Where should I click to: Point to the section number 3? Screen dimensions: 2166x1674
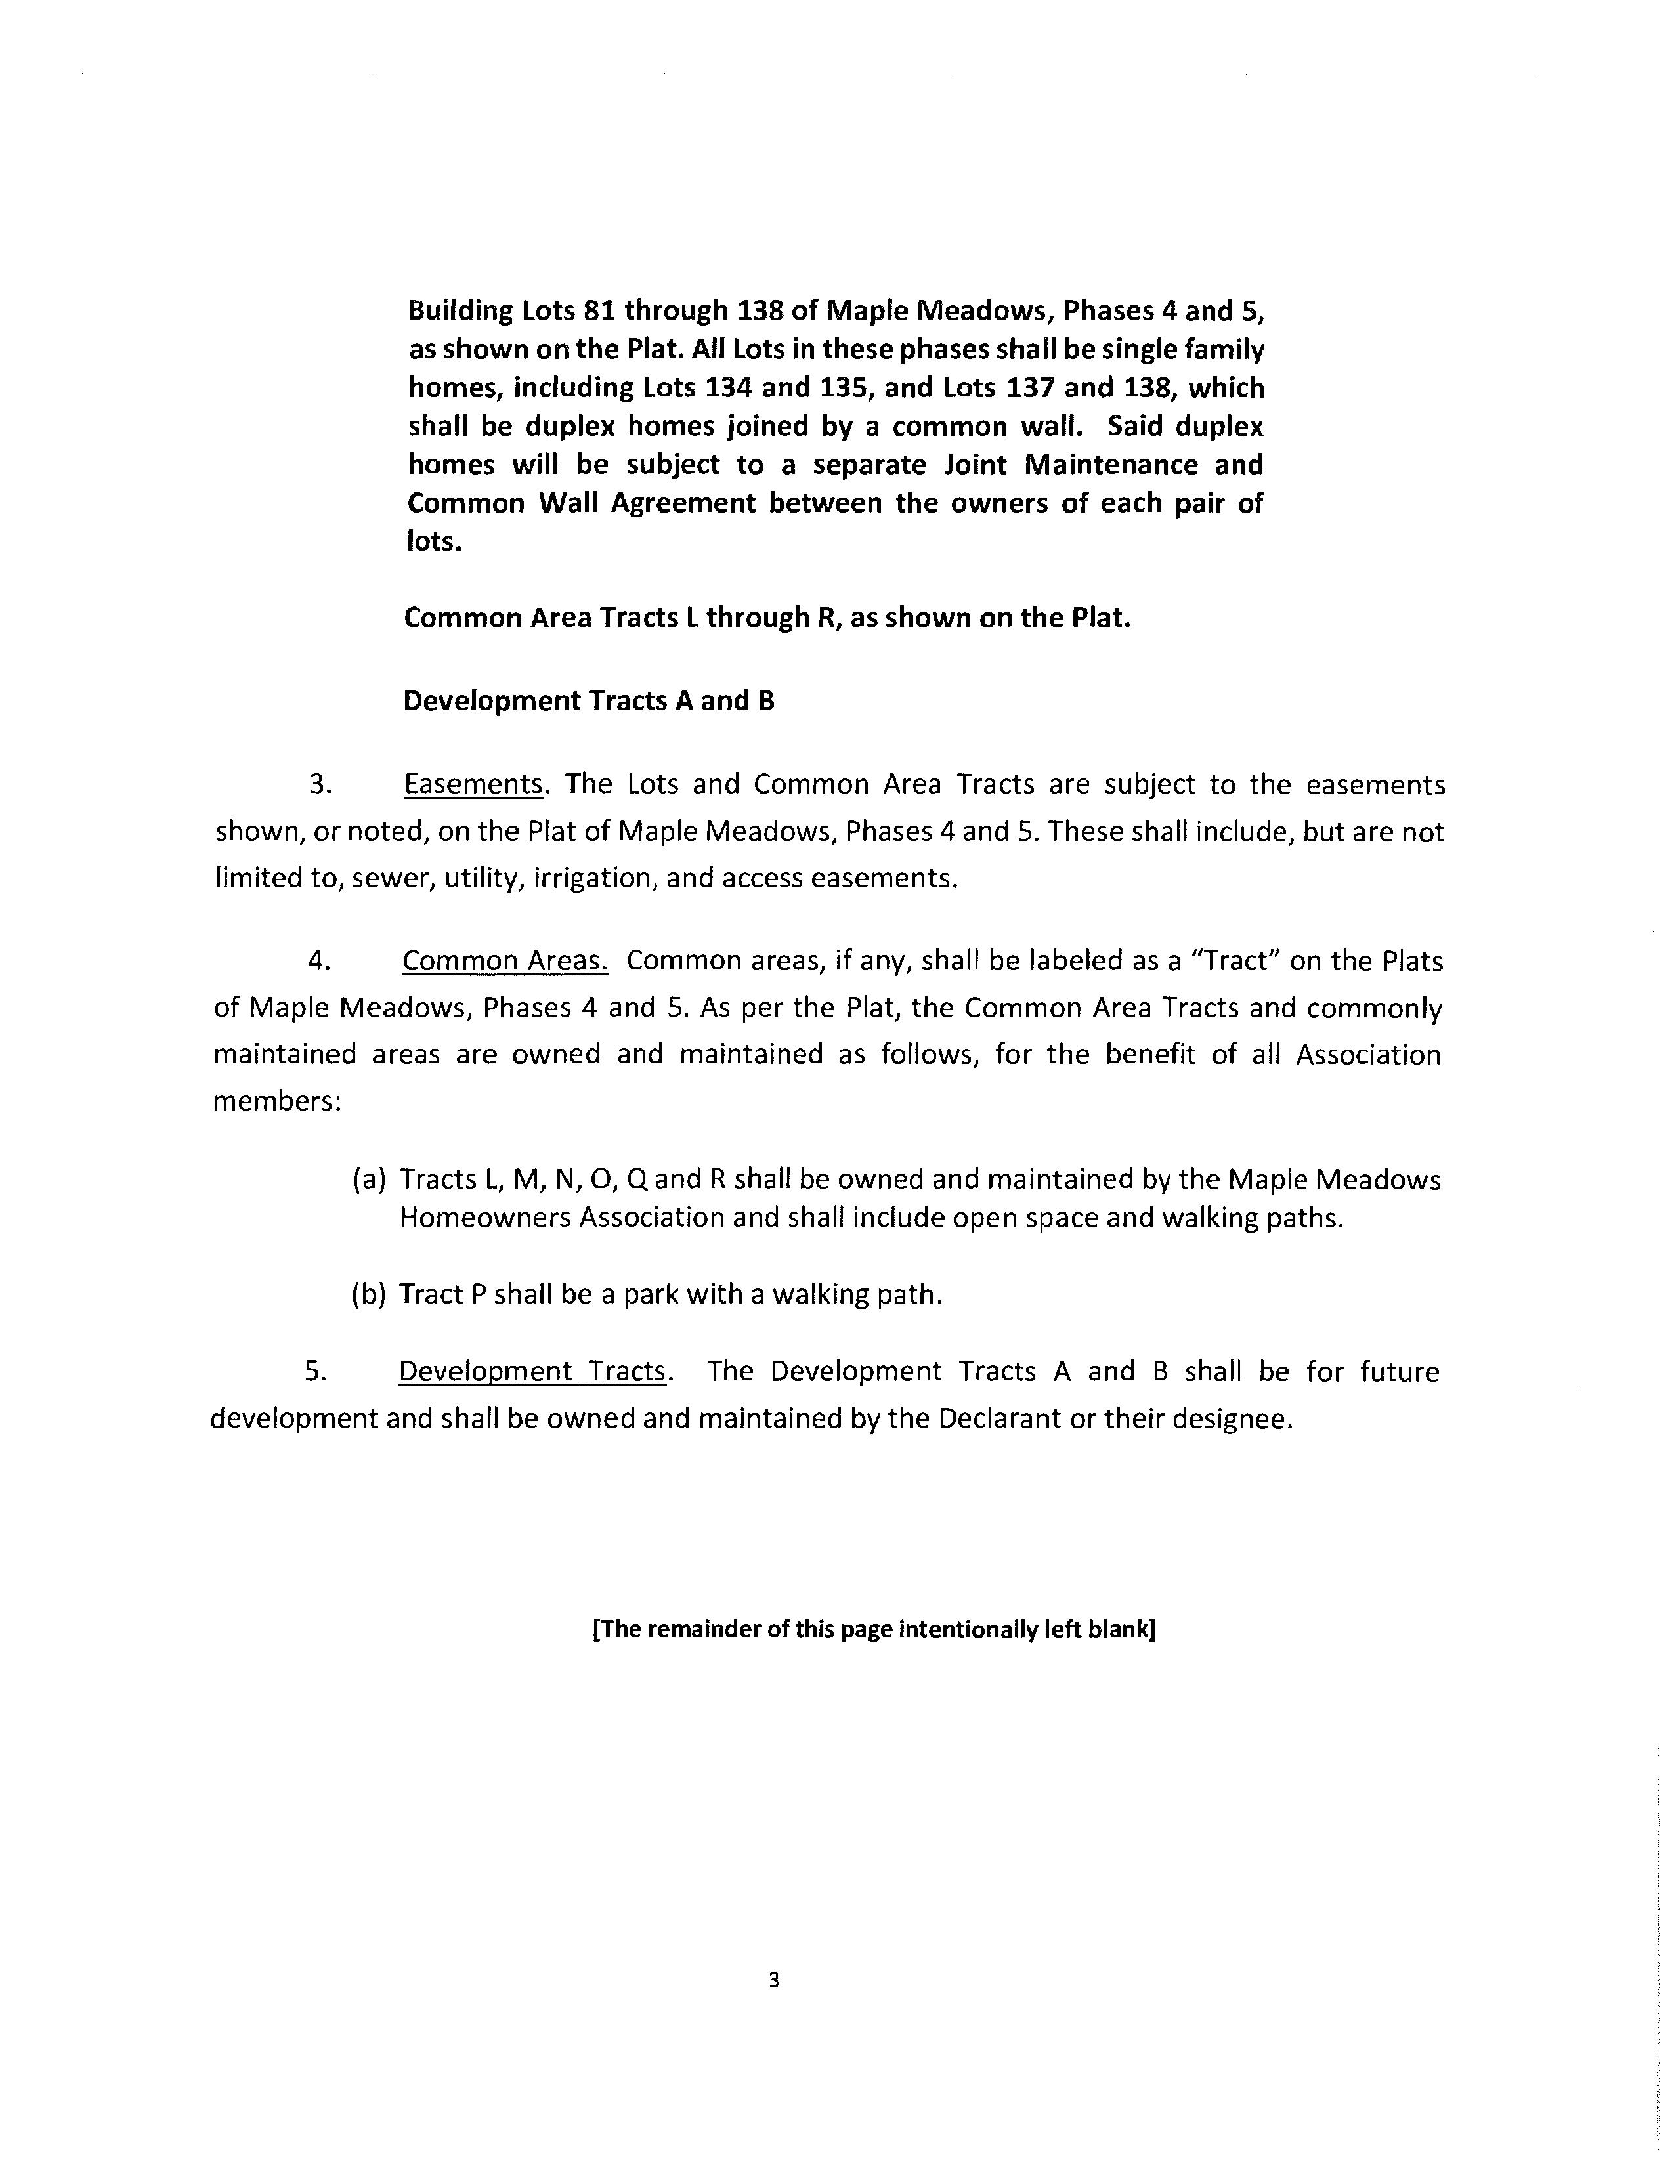[x=319, y=784]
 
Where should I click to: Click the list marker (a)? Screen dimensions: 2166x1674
[x=369, y=1179]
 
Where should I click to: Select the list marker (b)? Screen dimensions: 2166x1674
[x=369, y=1294]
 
